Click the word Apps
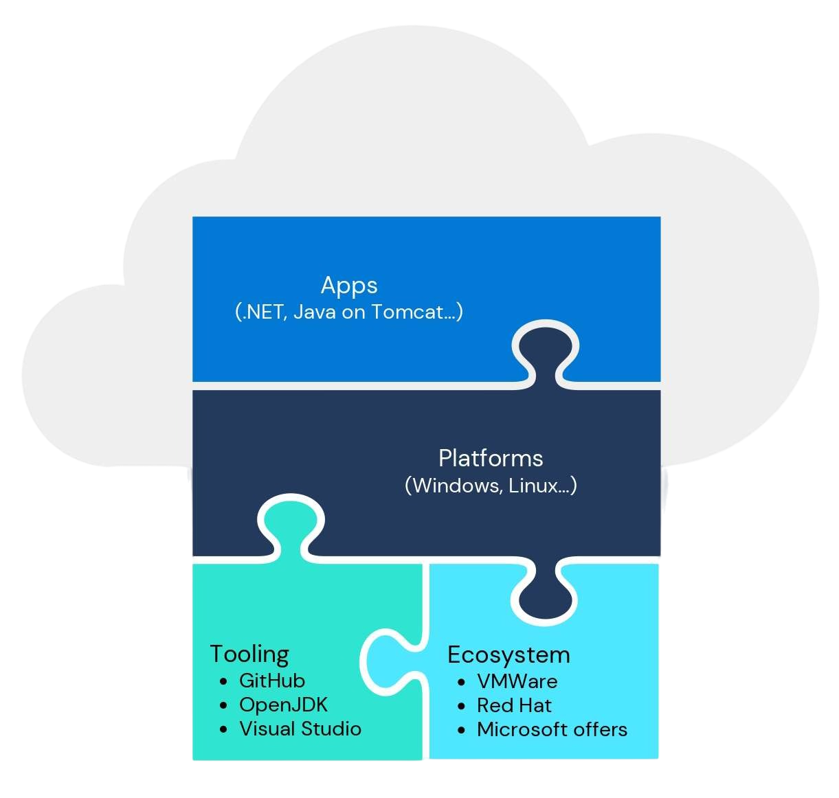[x=349, y=286]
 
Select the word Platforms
[x=491, y=458]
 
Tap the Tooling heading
[x=249, y=654]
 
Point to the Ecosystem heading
[x=508, y=654]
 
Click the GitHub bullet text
[x=272, y=681]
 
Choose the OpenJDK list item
[x=283, y=705]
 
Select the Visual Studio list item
[x=300, y=729]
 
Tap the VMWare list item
[x=517, y=681]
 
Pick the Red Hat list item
[x=514, y=705]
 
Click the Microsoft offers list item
[x=552, y=729]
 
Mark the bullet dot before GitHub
[x=223, y=681]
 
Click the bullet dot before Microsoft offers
[x=461, y=730]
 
